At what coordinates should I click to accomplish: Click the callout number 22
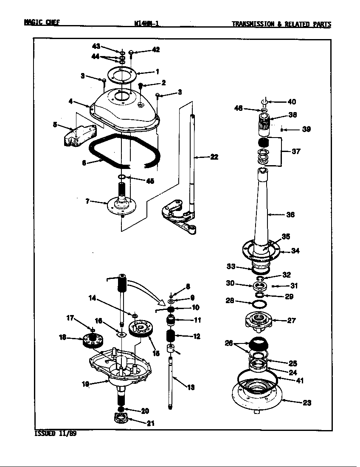(214, 157)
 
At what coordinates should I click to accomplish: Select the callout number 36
(290, 215)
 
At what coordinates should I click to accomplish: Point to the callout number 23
(307, 403)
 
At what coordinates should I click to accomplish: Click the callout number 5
(55, 125)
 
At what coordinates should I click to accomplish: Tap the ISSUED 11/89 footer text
(55, 434)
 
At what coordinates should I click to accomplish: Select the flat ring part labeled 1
(122, 75)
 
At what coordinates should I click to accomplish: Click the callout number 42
(156, 50)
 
